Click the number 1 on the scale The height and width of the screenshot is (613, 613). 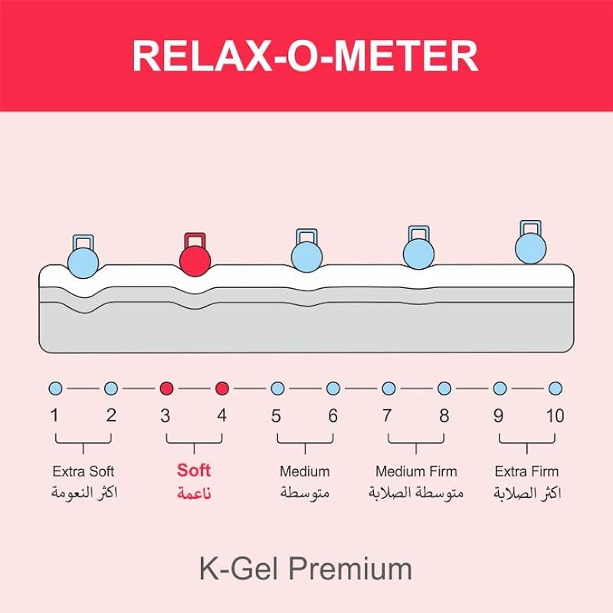point(54,416)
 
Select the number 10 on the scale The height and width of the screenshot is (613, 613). point(555,416)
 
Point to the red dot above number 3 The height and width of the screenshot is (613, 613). point(166,388)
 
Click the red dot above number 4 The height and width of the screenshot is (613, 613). point(222,388)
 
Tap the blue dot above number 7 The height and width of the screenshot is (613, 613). point(388,388)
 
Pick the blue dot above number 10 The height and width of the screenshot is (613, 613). point(556,388)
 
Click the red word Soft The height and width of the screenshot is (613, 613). point(194,470)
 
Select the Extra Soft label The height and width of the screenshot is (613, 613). point(84,471)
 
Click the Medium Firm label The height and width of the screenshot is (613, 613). point(416,471)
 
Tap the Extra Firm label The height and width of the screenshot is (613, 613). point(527,471)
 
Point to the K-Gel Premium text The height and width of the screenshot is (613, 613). point(305,569)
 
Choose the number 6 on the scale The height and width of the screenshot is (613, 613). point(333,416)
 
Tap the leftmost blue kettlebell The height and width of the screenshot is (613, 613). point(84,260)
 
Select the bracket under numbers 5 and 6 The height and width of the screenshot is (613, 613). point(305,442)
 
